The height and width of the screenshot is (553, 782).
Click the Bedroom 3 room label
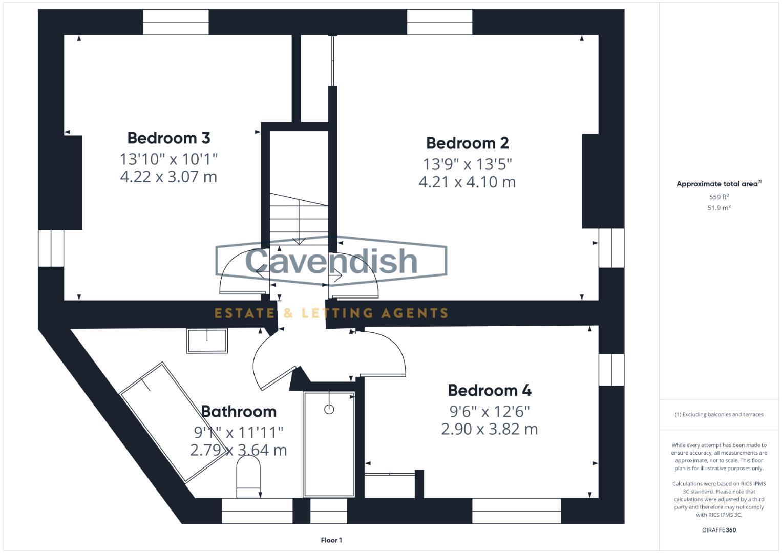click(168, 138)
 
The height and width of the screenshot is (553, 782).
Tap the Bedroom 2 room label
click(467, 143)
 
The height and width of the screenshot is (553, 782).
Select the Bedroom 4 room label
click(489, 391)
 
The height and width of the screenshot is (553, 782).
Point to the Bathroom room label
click(238, 412)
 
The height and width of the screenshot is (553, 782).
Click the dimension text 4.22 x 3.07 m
click(168, 177)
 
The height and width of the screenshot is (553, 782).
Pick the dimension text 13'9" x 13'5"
click(467, 164)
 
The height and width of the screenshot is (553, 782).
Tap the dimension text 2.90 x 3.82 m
click(489, 429)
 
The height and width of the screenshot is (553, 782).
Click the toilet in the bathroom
click(248, 476)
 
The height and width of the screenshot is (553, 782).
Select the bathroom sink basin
click(207, 341)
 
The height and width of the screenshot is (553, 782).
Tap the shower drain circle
click(329, 409)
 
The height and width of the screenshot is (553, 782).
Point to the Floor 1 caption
click(331, 540)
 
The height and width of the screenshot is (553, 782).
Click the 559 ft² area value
click(718, 197)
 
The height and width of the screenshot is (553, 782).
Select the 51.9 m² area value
click(718, 208)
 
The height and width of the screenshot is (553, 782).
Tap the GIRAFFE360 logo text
click(718, 530)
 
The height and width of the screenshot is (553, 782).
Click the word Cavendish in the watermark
click(331, 261)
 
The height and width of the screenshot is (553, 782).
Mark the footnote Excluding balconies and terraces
click(718, 415)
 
